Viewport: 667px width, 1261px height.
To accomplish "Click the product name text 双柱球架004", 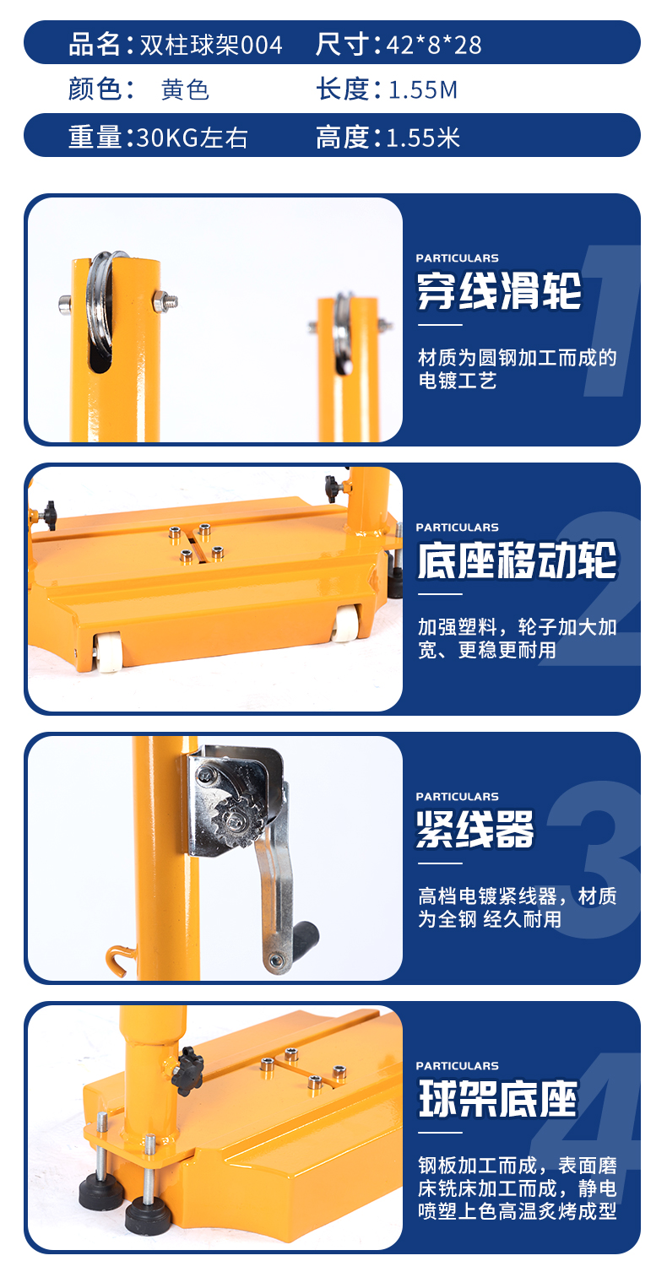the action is tap(211, 45).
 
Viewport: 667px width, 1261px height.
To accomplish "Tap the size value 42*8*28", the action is tap(434, 45).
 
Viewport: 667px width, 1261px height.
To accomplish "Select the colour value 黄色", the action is tap(186, 90).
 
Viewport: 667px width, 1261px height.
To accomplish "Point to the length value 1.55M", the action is tap(422, 90).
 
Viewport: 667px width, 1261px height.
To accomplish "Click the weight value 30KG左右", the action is tap(192, 138).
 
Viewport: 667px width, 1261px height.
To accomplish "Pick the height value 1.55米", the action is tap(423, 138).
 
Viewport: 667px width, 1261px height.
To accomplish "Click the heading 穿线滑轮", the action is tap(499, 290).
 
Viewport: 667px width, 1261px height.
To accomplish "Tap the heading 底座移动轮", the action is tap(518, 560).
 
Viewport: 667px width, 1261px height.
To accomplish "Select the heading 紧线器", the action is tap(474, 829).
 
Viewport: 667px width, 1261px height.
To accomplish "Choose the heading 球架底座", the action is tap(497, 1098).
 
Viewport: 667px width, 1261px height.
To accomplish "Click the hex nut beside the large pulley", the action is tap(164, 301).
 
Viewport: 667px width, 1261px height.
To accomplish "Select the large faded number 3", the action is tap(595, 859).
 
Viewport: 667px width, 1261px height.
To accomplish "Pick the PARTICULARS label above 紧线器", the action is tap(457, 797).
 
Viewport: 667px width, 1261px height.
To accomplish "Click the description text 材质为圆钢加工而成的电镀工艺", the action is tap(518, 369).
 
